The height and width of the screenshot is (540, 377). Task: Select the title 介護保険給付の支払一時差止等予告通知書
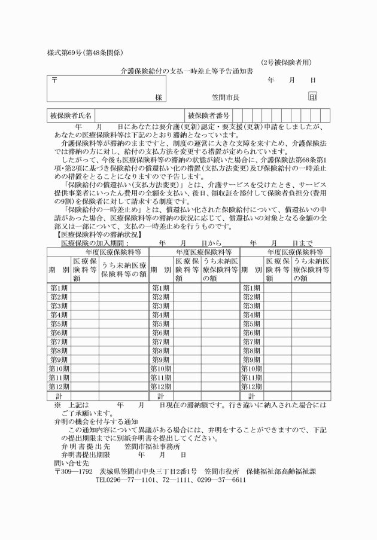186,71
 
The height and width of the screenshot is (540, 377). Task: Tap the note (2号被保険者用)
286,62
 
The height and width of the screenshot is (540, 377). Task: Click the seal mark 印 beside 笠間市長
312,96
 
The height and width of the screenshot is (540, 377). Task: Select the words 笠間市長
226,97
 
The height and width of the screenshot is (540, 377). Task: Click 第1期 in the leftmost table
59,288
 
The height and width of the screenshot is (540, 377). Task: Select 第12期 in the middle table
160,386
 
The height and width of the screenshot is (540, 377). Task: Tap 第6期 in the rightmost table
251,332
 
